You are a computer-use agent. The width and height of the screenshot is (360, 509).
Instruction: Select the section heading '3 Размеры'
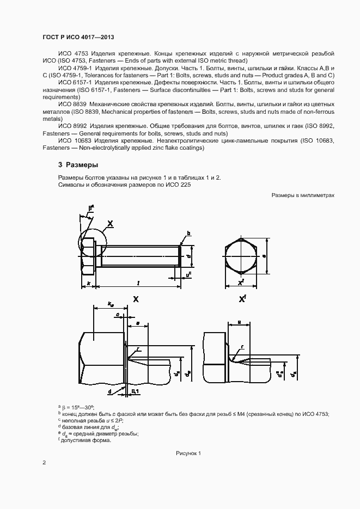click(78, 164)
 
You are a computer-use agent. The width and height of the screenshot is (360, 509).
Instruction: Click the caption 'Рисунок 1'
click(188, 453)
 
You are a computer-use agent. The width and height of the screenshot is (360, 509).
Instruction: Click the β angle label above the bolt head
click(91, 207)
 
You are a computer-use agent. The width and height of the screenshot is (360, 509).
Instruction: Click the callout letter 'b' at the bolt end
click(188, 233)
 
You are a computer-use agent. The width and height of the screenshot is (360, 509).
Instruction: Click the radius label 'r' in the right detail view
click(242, 346)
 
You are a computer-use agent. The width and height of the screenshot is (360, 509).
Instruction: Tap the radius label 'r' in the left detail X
click(138, 349)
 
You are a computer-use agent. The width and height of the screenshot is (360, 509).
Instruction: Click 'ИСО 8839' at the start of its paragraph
click(73, 103)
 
